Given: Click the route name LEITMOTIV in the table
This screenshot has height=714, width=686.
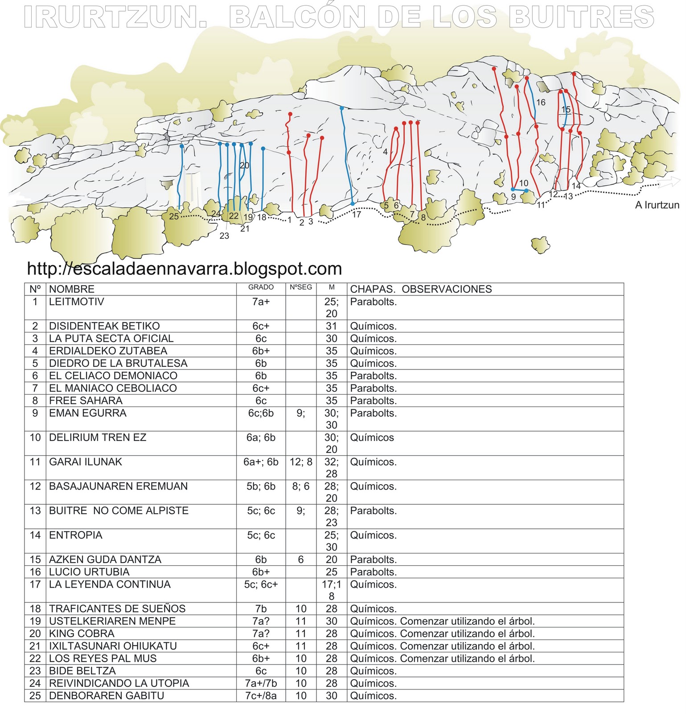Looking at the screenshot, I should point(76,302).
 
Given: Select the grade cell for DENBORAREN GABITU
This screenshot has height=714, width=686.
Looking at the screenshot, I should point(261,695).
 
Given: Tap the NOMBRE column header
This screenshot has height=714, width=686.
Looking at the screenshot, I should point(71,289).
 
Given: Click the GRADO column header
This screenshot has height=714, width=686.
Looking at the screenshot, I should point(261,287).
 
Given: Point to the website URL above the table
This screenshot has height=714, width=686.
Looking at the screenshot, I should point(184,268).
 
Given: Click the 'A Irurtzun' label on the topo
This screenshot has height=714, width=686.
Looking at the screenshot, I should point(657,205).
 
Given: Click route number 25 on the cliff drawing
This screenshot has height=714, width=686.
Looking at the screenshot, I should point(173,216).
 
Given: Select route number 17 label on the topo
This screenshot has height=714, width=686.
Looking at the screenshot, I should point(357,215).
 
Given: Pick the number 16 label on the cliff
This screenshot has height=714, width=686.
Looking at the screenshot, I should point(541,103).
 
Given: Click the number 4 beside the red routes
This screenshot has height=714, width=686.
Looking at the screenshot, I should point(385,152).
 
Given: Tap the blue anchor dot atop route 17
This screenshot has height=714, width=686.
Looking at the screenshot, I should point(342,108).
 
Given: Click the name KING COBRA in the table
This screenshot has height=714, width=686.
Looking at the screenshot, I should point(82,633).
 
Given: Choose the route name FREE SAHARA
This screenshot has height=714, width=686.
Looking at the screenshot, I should point(86,400).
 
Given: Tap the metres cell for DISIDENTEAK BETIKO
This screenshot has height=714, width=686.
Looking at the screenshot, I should point(331,326).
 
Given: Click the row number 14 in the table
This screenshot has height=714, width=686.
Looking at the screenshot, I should point(35,535).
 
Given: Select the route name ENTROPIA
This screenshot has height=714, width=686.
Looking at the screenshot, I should point(75,535).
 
